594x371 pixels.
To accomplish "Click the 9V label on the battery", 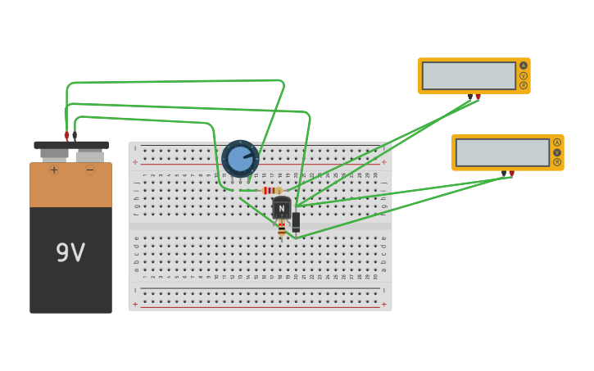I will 70,253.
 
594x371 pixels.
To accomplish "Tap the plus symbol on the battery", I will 54,170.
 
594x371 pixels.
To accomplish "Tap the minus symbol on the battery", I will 90,170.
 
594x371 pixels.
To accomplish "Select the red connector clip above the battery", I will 66,135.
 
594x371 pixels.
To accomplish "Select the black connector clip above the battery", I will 75,135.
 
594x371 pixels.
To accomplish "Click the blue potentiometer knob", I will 240,158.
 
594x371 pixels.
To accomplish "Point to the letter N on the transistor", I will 281,209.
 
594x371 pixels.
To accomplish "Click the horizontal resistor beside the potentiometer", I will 272,190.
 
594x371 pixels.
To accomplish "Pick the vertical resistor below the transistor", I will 282,230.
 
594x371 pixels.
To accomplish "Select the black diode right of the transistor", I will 296,222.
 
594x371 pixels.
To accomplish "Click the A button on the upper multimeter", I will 523,66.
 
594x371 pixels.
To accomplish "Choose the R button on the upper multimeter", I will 523,85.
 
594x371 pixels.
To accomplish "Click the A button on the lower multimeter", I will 557,143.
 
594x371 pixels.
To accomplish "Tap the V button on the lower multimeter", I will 557,152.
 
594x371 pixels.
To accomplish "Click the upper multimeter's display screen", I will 469,76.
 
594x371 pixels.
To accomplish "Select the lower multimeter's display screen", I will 502,152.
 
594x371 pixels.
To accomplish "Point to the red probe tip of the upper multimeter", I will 478,97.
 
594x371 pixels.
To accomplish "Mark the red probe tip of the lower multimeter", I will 512,174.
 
